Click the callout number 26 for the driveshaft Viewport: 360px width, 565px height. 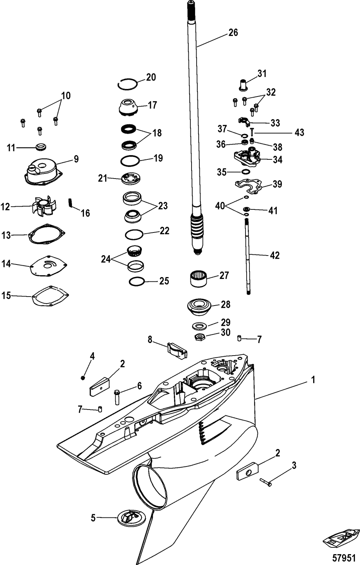[x=233, y=32]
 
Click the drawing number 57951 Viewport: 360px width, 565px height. [x=343, y=557]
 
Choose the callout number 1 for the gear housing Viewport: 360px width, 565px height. [x=313, y=379]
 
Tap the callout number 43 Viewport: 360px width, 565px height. [x=299, y=132]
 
